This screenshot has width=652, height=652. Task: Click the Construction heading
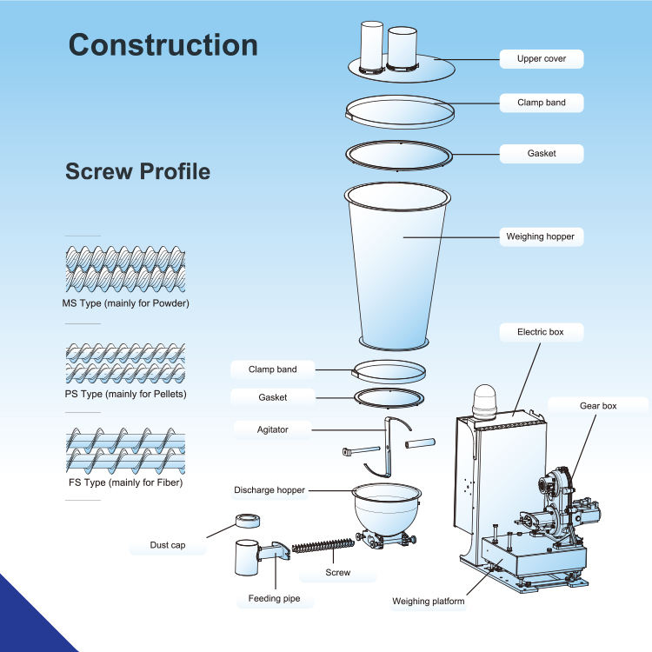(163, 44)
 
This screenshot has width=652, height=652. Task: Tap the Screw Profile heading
(137, 171)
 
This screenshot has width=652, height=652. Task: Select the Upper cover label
(541, 59)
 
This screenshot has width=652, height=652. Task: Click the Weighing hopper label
(540, 236)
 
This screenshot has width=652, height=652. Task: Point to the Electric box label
(539, 331)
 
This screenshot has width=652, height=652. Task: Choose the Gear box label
(598, 405)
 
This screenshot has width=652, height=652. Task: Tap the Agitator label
(272, 429)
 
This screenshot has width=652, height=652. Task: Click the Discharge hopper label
(269, 490)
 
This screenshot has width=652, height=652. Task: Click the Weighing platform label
(428, 602)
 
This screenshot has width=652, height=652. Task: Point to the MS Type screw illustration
(125, 270)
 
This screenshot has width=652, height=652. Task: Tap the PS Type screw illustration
(125, 364)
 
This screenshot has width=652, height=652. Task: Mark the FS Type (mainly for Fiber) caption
(125, 482)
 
